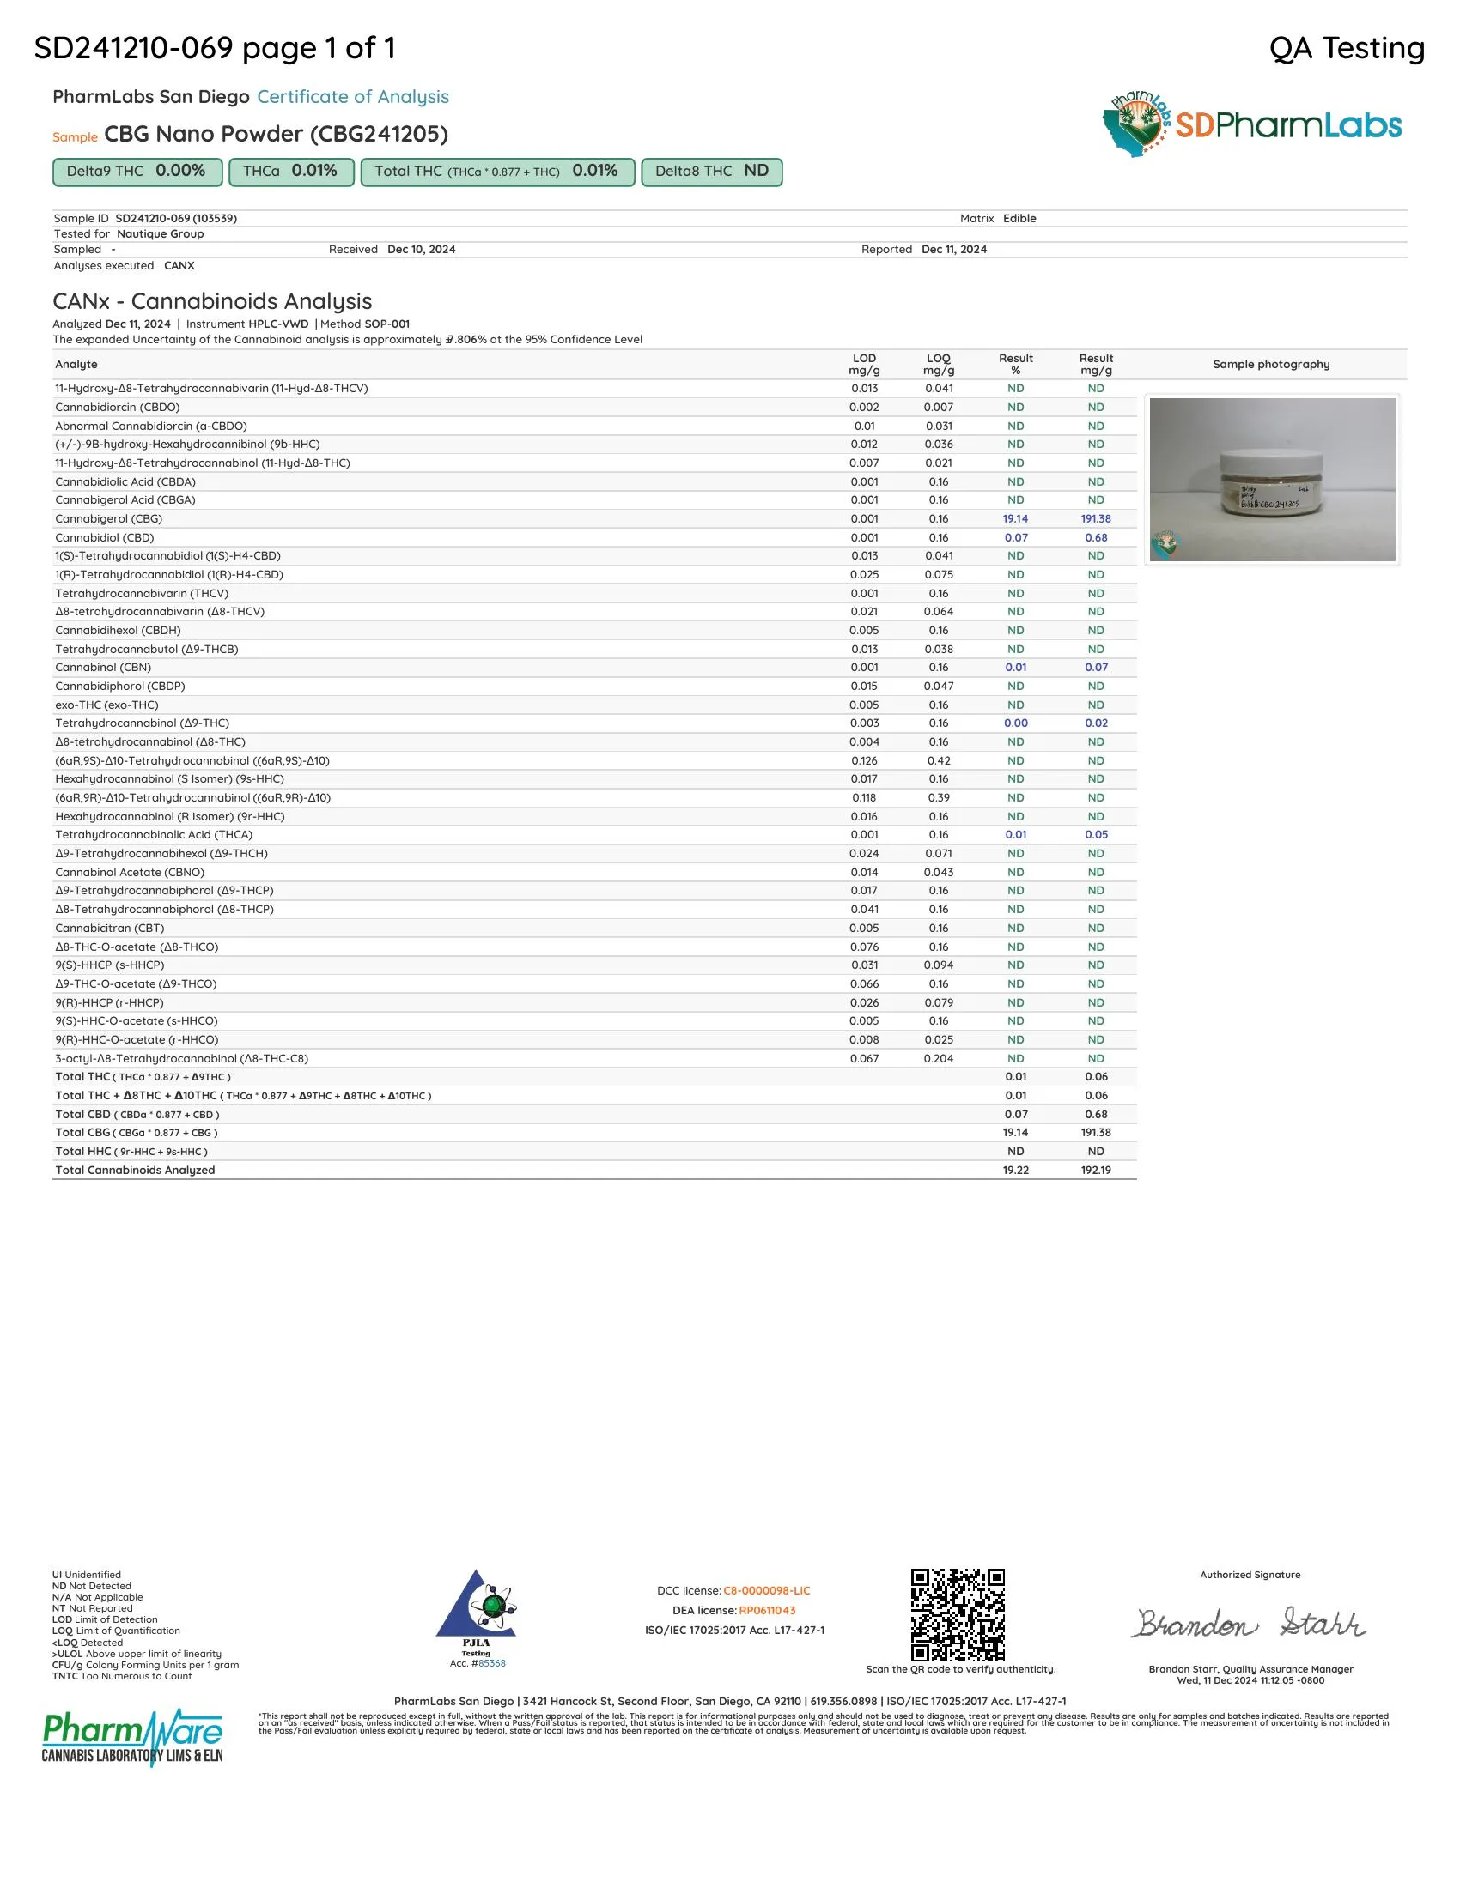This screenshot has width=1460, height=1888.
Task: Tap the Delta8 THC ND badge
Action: (x=711, y=171)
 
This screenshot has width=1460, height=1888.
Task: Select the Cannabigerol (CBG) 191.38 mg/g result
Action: (x=1095, y=518)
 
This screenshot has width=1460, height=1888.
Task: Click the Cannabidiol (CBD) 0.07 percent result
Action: (x=1015, y=538)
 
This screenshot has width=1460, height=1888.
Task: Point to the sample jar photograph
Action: (x=1271, y=479)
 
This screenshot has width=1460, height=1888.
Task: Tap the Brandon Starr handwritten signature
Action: (x=1250, y=1624)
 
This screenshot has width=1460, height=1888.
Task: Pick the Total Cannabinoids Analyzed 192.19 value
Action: (x=1095, y=1170)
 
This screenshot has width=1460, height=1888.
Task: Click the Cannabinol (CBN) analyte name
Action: (x=103, y=668)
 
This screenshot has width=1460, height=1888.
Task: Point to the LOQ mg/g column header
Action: (x=939, y=364)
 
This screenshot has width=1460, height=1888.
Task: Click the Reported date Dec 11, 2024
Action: (x=954, y=249)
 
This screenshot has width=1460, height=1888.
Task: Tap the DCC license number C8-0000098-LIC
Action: (x=766, y=1590)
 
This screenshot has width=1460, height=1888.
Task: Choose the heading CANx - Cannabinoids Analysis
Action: (x=212, y=301)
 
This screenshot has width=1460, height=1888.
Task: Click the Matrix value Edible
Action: (x=1019, y=219)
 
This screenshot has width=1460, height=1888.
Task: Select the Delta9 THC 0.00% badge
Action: (x=137, y=171)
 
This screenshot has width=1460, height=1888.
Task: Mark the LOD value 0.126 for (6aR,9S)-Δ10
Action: (x=864, y=760)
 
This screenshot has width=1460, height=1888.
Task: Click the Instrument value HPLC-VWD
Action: (x=277, y=324)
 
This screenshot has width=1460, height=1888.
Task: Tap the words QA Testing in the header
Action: (x=1346, y=48)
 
